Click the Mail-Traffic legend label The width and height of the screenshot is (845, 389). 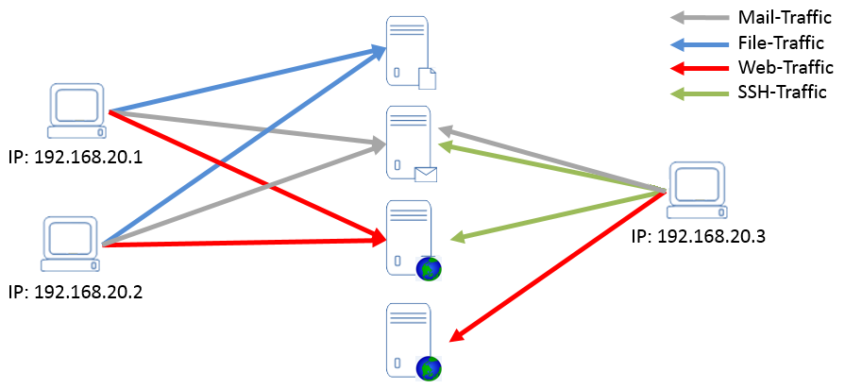(x=783, y=17)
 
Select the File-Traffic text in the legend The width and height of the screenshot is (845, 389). (x=782, y=42)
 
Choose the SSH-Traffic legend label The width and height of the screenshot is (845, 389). (x=782, y=92)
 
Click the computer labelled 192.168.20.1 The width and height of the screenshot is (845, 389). (x=78, y=110)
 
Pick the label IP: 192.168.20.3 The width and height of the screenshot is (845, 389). (x=698, y=236)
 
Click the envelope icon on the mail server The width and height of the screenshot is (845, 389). (x=427, y=173)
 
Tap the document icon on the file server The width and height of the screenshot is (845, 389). (x=427, y=78)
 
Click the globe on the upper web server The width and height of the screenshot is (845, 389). (x=429, y=270)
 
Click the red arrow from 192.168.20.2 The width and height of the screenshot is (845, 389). (x=245, y=244)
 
